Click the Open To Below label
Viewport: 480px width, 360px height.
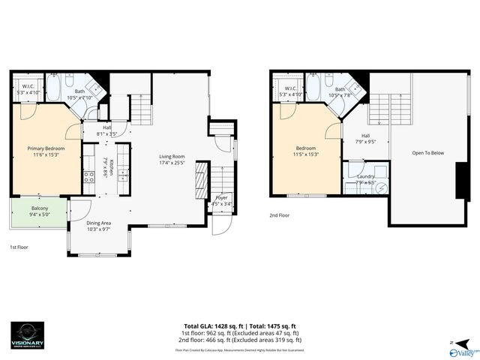[x=427, y=153]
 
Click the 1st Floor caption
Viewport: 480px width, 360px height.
[x=19, y=247]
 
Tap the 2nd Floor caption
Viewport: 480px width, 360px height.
[x=280, y=215]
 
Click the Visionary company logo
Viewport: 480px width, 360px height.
[x=32, y=336]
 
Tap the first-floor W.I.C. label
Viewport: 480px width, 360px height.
[x=27, y=89]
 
